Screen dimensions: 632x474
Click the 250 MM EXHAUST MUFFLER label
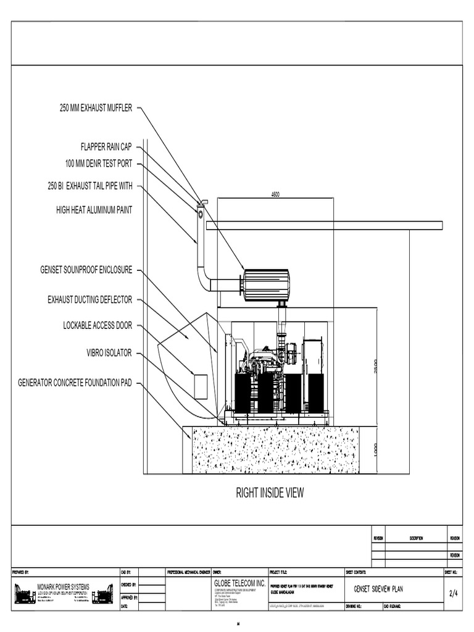96,108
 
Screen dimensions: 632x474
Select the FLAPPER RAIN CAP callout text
106,147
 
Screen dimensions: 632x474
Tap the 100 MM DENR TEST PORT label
99,164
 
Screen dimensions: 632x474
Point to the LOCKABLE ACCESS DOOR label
98,325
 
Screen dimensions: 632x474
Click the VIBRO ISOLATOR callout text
109,353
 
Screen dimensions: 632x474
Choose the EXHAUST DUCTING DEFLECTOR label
90,300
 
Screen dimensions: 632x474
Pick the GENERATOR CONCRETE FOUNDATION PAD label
76,383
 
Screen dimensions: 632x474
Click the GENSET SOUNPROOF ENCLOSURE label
86,270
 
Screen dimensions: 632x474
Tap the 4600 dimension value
275,194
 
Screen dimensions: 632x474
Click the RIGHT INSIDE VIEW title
270,493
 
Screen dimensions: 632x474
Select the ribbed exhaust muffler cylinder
266,285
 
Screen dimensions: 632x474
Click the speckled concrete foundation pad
275,450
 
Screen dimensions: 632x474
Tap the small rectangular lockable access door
201,386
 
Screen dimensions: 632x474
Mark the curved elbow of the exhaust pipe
203,278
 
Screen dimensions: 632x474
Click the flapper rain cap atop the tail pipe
202,203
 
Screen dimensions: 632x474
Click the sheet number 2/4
452,593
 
